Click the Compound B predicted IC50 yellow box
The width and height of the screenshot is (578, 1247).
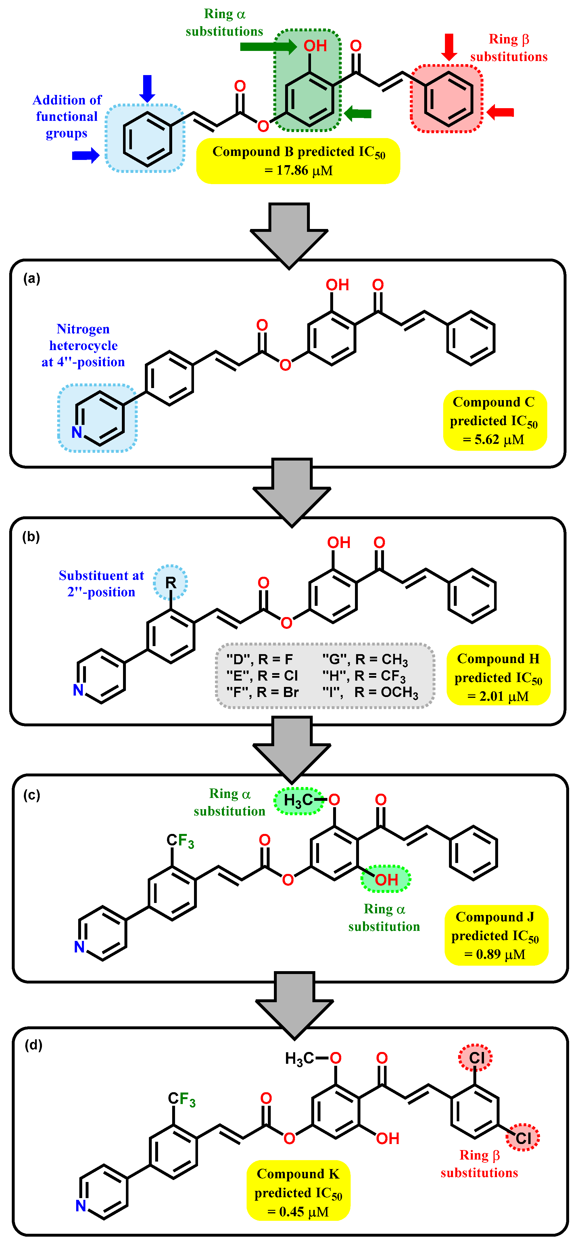(298, 161)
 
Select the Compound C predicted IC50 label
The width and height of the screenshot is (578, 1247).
(494, 420)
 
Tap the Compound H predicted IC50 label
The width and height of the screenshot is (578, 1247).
(498, 677)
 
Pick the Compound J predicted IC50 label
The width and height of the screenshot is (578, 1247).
(496, 935)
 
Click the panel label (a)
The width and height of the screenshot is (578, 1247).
(32, 279)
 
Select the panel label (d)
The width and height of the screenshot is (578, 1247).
(33, 1045)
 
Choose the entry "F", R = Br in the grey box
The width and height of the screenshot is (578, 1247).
(263, 692)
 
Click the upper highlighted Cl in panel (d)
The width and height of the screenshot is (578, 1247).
(476, 1058)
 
